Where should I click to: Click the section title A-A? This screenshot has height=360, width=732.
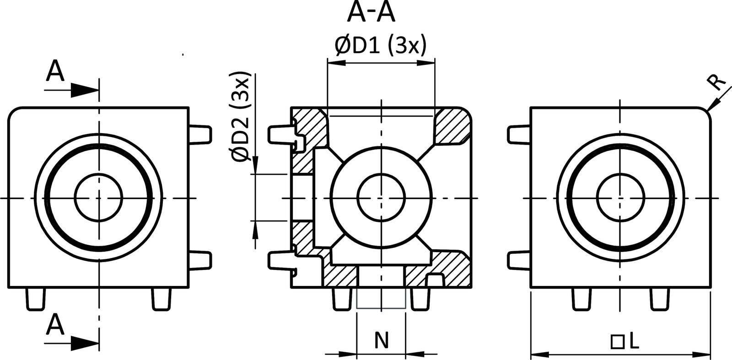coord(371,12)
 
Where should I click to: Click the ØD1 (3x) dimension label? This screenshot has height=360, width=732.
coord(381,46)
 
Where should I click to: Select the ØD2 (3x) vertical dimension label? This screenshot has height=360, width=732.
coord(241,116)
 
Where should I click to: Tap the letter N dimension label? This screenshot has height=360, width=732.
coord(381,340)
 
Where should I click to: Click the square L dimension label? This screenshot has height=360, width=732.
coord(625,341)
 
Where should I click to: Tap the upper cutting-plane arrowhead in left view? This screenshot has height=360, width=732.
coord(85,90)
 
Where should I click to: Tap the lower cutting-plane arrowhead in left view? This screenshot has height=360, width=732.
coord(85,343)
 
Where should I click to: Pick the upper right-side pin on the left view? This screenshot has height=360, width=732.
coord(201,134)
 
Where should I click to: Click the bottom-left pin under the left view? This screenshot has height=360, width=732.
coord(36,299)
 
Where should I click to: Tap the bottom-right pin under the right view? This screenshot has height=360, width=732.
coord(659,299)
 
